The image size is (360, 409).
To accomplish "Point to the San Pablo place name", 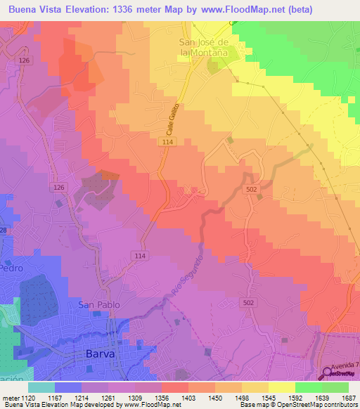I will pos(98,304).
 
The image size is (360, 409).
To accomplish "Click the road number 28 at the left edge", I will pos(4,231).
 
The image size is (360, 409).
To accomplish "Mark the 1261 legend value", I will pos(109,397).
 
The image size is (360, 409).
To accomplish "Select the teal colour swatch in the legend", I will pos(41,387).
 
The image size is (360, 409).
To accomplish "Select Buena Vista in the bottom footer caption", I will pos(21,405).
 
